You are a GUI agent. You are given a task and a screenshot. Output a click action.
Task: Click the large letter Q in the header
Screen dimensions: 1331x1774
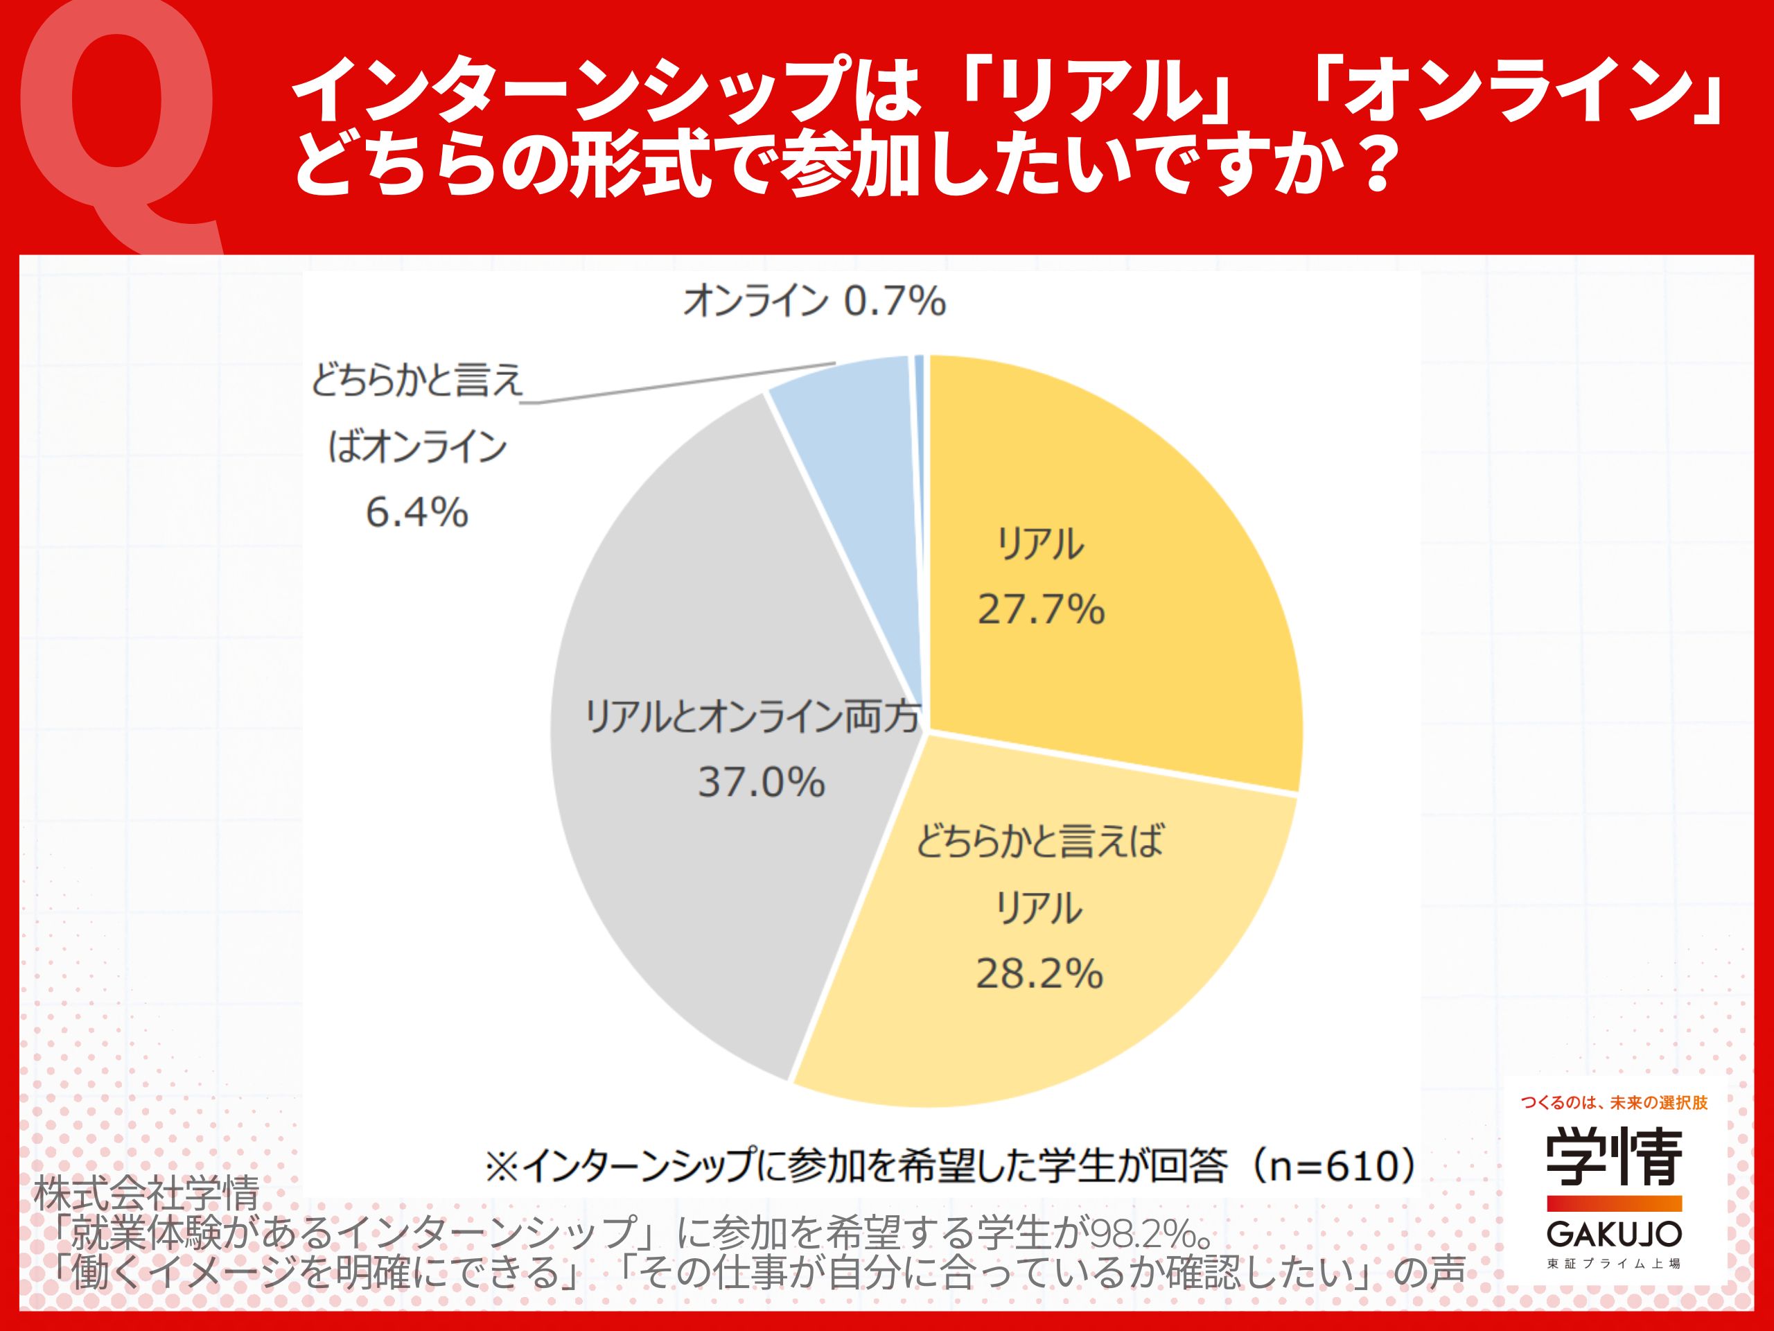click(121, 121)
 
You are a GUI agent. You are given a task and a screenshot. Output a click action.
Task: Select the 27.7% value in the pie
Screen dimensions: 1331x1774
click(1041, 610)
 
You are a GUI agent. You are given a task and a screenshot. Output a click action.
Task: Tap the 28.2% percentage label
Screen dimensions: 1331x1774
click(1039, 973)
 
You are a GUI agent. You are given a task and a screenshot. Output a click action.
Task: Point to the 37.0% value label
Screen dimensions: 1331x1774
click(761, 781)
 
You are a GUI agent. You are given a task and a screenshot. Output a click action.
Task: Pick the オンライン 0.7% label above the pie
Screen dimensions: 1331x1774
click(814, 302)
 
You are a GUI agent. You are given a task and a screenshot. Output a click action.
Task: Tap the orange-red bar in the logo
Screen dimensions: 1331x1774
click(1614, 1203)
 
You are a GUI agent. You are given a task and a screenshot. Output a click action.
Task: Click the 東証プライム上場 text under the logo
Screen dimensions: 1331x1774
click(1614, 1264)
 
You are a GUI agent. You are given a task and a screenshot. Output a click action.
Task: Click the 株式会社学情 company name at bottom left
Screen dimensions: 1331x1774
click(147, 1194)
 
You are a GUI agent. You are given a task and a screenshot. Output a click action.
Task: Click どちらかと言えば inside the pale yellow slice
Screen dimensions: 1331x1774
click(1039, 842)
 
